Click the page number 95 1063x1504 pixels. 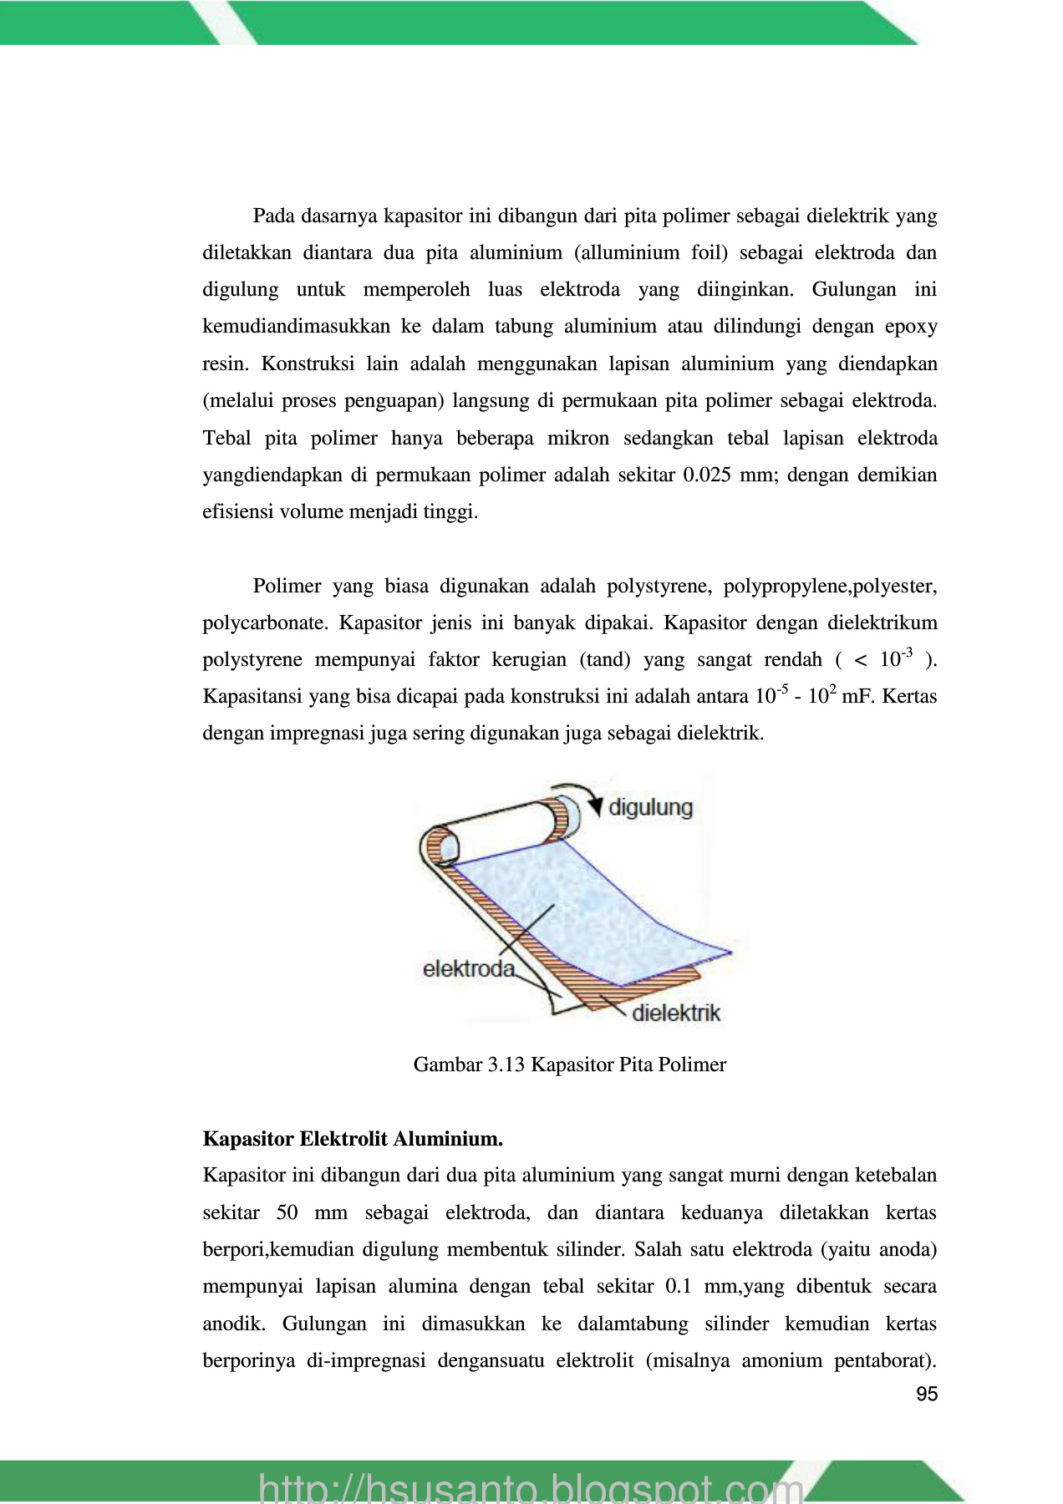[927, 1394]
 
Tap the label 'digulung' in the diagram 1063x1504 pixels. [650, 807]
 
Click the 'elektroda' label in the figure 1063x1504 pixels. [468, 969]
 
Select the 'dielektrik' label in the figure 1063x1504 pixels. [676, 1014]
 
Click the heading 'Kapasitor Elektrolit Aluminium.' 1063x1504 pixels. [353, 1139]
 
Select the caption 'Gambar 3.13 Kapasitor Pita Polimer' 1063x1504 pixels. [569, 1064]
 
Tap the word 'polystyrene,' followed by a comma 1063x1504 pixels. [659, 586]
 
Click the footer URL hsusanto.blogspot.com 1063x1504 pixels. [531, 1487]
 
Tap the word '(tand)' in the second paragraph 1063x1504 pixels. [605, 660]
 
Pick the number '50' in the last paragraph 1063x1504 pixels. [287, 1213]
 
